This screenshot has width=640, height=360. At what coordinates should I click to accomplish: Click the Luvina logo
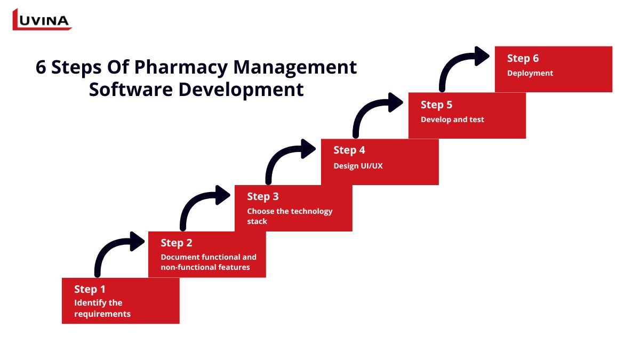click(x=42, y=20)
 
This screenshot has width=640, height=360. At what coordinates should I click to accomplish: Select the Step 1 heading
click(x=90, y=289)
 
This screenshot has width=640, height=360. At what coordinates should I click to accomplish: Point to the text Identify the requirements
click(x=102, y=308)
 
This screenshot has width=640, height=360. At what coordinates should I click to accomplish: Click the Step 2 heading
click(x=176, y=243)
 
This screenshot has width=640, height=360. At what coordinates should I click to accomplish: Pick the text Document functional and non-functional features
click(x=208, y=262)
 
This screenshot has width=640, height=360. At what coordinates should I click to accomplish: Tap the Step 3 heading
click(x=262, y=196)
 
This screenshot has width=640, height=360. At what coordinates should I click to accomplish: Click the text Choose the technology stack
click(x=289, y=216)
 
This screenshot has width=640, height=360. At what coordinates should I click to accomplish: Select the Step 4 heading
click(x=349, y=150)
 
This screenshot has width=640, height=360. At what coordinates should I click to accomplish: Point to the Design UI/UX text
click(x=358, y=166)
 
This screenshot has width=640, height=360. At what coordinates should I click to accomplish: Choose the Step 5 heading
click(x=436, y=105)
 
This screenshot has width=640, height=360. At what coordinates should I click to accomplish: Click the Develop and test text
click(x=452, y=119)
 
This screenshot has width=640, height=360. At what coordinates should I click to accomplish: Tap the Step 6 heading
click(x=523, y=58)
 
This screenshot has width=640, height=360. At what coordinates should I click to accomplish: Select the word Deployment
click(x=530, y=73)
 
